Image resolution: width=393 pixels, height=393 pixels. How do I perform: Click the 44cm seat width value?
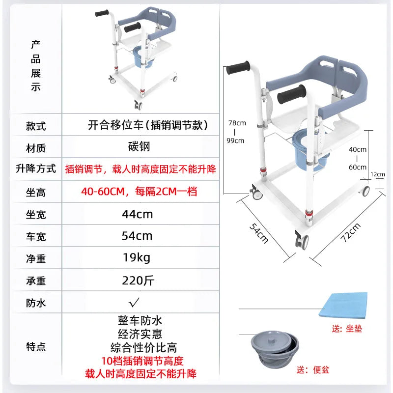pos(137,214)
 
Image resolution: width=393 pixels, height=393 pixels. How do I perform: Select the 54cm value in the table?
pos(137,236)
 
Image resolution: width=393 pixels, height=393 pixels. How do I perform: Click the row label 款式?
pos(35,125)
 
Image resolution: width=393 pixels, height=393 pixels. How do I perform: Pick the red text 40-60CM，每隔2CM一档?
pos(139,191)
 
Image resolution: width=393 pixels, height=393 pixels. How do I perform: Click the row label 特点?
pos(35,346)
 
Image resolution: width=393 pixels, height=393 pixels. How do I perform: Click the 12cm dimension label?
pos(378,174)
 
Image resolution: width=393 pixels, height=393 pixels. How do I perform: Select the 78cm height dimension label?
pos(235,123)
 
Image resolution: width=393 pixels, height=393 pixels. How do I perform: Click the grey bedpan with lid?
pos(275,349)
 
